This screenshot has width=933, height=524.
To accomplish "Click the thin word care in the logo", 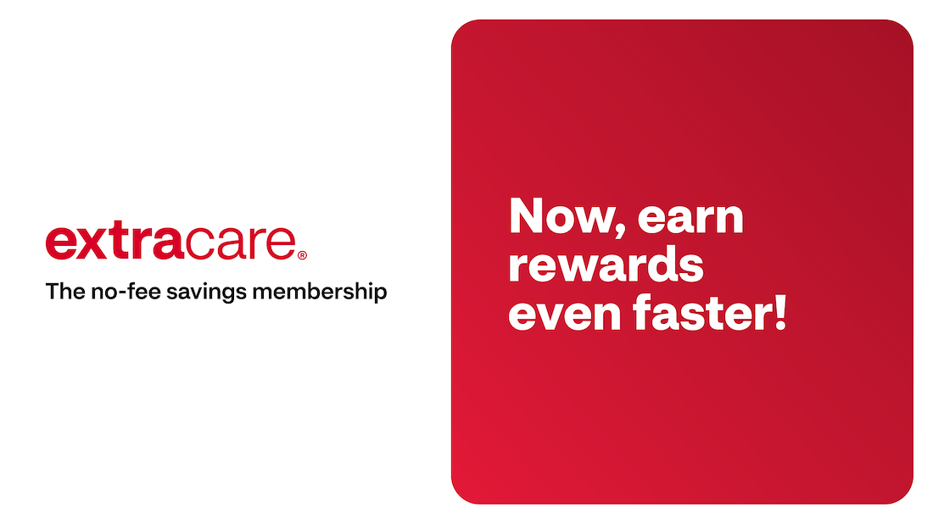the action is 240,243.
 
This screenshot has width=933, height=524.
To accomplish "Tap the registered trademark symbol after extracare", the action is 302,255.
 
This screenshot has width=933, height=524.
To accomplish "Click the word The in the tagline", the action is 65,292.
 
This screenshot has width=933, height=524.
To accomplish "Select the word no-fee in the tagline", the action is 126,292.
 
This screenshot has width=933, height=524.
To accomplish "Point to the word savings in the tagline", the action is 206,293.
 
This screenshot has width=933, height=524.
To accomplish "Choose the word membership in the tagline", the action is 319,292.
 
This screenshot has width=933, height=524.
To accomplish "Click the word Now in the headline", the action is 560,216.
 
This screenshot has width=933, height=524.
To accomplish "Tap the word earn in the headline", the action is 690,218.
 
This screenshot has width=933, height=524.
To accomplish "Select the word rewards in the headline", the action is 606,265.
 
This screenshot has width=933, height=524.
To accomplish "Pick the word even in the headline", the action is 565,315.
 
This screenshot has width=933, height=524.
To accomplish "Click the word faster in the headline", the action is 702,312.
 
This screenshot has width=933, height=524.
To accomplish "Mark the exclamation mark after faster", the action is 780,312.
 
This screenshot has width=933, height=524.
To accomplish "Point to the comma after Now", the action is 620,230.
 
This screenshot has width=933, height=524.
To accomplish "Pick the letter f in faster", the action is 643,312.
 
